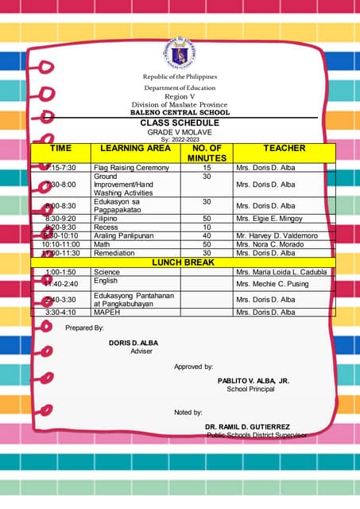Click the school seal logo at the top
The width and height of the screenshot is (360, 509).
(180, 52)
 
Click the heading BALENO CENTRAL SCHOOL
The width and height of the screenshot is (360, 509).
(180, 113)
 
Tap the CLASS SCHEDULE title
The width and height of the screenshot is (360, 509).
(180, 123)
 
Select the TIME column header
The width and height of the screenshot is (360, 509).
(60, 149)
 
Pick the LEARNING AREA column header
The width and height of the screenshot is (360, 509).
(135, 149)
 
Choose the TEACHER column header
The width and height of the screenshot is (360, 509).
(284, 149)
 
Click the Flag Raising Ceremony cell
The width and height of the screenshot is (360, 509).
(131, 168)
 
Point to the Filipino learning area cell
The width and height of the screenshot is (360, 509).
(106, 218)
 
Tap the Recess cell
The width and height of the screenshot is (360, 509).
(106, 227)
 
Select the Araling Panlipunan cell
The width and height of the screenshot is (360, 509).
(123, 235)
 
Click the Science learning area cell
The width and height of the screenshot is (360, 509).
(106, 272)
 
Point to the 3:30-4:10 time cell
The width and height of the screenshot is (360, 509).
(60, 313)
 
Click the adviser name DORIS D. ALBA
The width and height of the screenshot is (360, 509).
(134, 343)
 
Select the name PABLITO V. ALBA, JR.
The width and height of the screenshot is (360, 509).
(254, 381)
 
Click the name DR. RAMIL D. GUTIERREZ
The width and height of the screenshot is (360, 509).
(247, 427)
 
